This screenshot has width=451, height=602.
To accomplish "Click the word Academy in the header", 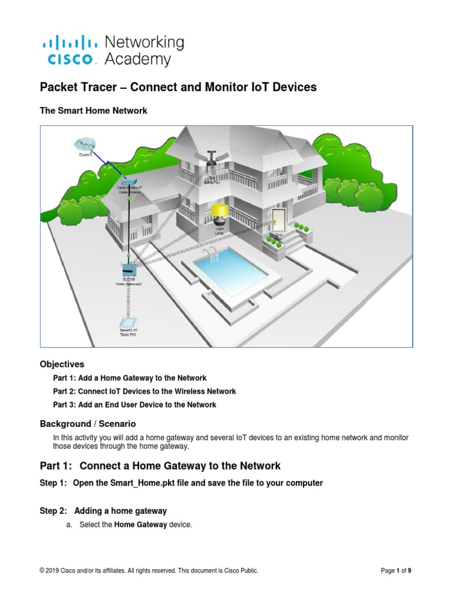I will coord(137,59).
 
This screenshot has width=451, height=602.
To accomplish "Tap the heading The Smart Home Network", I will coord(93,111).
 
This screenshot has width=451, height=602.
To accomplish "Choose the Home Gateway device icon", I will coord(128,270).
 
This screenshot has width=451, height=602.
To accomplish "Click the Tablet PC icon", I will coord(128,323).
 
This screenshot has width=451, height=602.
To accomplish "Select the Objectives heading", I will coord(62,364).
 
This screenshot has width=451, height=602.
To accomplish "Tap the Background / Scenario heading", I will coord(87,423).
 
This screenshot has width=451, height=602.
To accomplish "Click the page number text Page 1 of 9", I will coord(400,570).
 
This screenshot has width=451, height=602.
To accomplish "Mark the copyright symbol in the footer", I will coord(42,570).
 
